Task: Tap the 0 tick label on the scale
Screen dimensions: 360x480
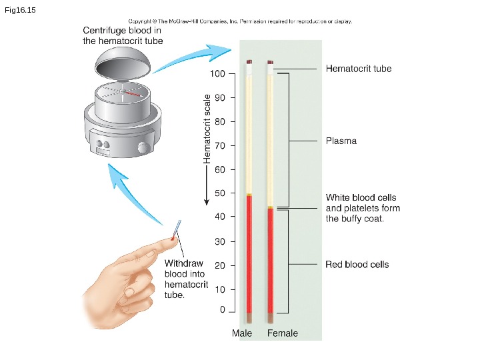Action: [223, 311]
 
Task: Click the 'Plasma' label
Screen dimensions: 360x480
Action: [341, 141]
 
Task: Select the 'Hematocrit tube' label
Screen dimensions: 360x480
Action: [358, 69]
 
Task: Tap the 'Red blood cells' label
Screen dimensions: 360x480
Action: [357, 265]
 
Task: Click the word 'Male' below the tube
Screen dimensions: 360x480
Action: [242, 333]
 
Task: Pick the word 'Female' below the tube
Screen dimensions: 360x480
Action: [283, 333]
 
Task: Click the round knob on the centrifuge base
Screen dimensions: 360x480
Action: [143, 147]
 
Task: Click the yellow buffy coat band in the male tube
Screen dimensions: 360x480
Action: [249, 195]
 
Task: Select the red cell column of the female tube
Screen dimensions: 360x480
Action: [271, 260]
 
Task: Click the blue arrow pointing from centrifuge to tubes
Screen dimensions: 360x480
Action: [193, 55]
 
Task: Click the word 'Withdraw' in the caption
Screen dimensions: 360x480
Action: [183, 263]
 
